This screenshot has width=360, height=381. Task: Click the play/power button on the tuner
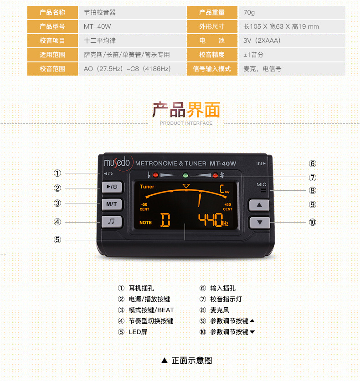109,187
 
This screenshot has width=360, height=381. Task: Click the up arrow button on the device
259,205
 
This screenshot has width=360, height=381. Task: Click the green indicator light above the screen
185,175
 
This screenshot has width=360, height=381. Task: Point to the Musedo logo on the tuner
117,162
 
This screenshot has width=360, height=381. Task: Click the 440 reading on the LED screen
210,220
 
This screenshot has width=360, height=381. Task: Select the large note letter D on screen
165,220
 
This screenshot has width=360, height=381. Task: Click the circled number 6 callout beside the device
312,163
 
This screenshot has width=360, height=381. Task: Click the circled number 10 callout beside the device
312,222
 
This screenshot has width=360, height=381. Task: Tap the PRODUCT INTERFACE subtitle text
186,123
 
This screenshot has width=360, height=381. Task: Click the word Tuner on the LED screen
147,187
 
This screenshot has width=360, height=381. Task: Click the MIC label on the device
261,184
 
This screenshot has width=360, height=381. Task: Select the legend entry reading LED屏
138,332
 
